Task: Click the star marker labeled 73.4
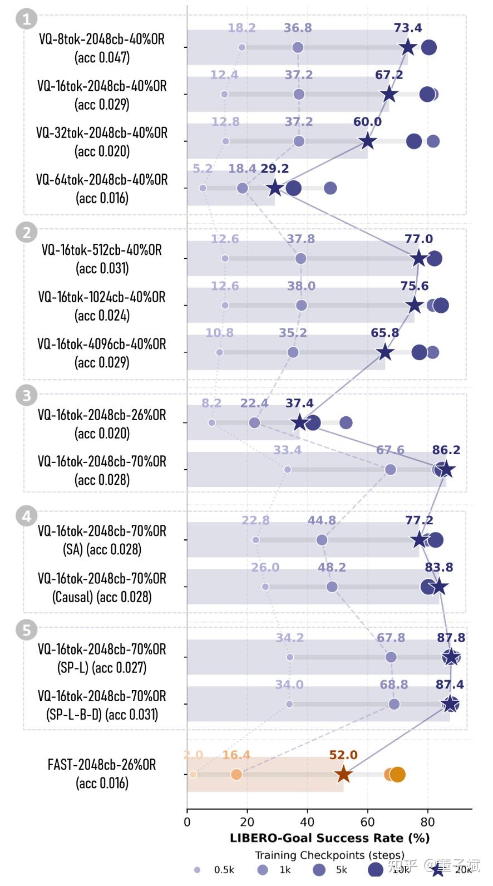pos(408,47)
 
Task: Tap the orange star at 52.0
pos(343,774)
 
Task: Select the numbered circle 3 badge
pos(26,396)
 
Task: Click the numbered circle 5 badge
pos(26,630)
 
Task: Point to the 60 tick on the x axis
pos(367,822)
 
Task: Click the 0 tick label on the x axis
pos(187,822)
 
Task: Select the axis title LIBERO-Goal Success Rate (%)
pos(329,838)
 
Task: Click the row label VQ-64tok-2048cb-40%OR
pos(102,180)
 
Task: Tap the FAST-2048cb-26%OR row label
pos(102,765)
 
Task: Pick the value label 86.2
pos(446,450)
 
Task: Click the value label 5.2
pos(203,169)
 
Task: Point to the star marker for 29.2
pos(274,188)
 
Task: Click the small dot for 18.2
pos(241,47)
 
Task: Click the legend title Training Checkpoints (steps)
pos(329,855)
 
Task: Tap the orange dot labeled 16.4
pos(236,774)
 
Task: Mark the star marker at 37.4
pos(299,422)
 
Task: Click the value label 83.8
pos(439,568)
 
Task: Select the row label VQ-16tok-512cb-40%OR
pos(102,250)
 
